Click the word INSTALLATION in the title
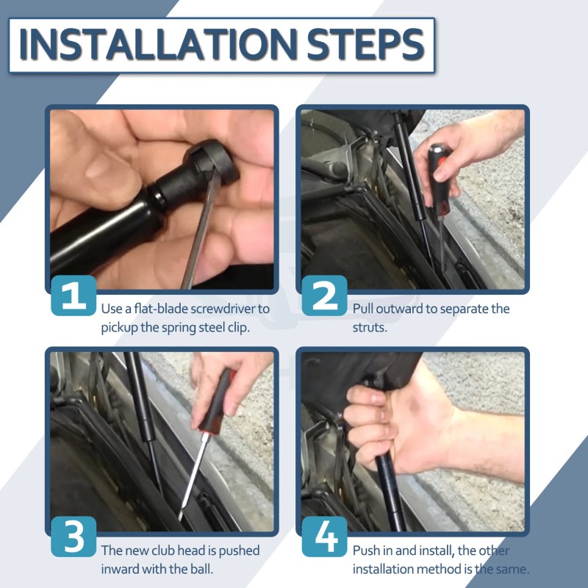pos(158,45)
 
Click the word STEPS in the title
pos(365,45)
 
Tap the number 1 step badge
pos(73,295)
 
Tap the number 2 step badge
pos(324,295)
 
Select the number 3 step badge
pos(73,537)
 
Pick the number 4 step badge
pos(324,537)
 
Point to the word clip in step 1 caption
pos(239,327)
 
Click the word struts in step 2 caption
pos(370,327)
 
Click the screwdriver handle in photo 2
pos(440,180)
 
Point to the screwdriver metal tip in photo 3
pos(181,517)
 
